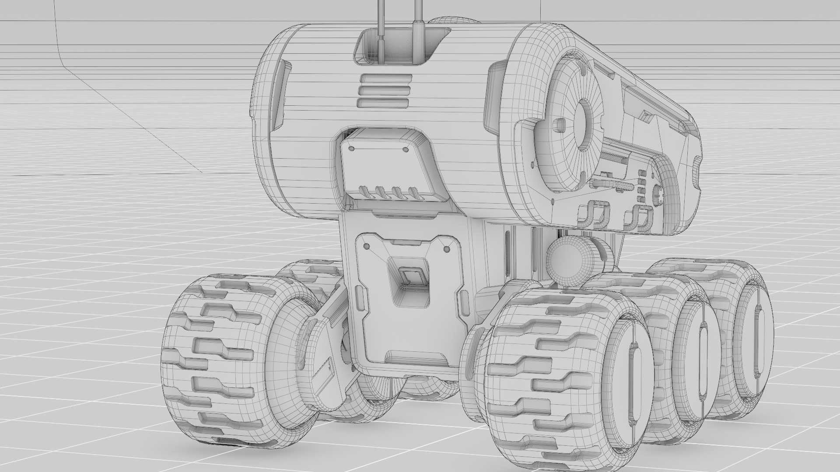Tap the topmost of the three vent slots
click(385, 80)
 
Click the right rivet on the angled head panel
click(405, 149)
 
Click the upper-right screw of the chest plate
click(447, 249)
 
